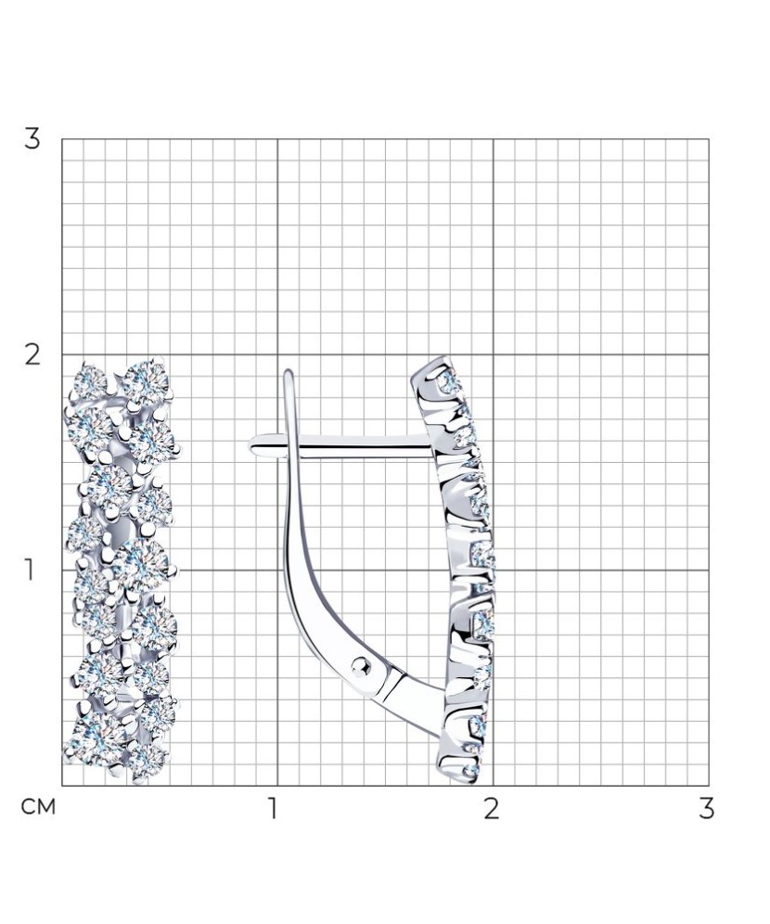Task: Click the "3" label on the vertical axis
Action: click(x=32, y=139)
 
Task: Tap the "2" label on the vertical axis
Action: click(x=32, y=355)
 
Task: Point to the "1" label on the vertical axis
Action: click(x=28, y=571)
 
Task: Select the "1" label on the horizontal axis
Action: click(x=272, y=809)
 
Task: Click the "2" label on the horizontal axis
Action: click(x=492, y=809)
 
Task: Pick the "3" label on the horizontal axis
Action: click(x=706, y=809)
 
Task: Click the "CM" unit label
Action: click(x=38, y=807)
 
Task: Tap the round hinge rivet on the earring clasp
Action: click(x=361, y=666)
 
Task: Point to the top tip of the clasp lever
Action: click(x=289, y=371)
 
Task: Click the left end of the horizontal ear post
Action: click(x=250, y=446)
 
